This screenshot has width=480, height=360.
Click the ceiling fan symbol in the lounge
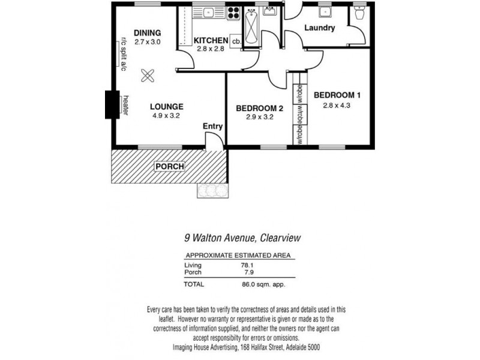pos(148,76)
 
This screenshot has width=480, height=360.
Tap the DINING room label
pos(148,32)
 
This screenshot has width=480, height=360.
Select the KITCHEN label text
pos(211,41)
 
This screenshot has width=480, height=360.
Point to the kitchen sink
pos(207,11)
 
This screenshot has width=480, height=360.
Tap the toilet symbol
pos(360,13)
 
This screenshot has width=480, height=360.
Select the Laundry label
pos(319,28)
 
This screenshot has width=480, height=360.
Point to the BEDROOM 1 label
pos(337,95)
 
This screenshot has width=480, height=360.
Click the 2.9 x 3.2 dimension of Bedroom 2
pos(259,118)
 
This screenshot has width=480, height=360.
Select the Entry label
pos(212,126)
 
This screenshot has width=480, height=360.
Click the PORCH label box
pos(170,166)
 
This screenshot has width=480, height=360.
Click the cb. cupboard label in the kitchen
pos(236,41)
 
